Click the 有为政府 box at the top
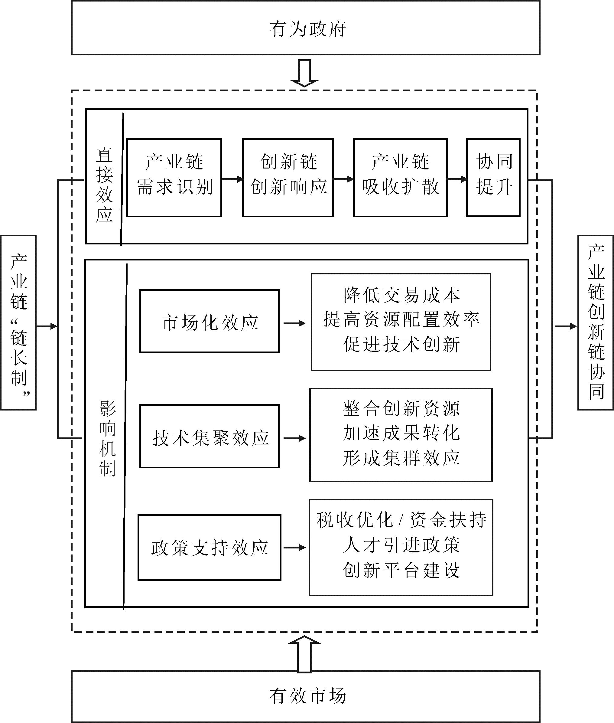pos(305,28)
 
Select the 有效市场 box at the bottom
pos(305,696)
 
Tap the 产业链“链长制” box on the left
pos(18,322)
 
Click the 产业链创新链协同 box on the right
pos(596,322)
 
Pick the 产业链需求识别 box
pos(174,178)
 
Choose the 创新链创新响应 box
pos(288,178)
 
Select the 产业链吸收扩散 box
pos(400,178)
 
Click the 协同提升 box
pos(493,178)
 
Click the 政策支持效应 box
pos(210,548)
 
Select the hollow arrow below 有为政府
pos(304,73)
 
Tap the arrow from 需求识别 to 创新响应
pos(232,179)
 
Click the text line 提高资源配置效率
pos(401,319)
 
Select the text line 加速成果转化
pos(401,433)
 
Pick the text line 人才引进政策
pos(401,545)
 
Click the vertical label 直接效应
pos(104,185)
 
